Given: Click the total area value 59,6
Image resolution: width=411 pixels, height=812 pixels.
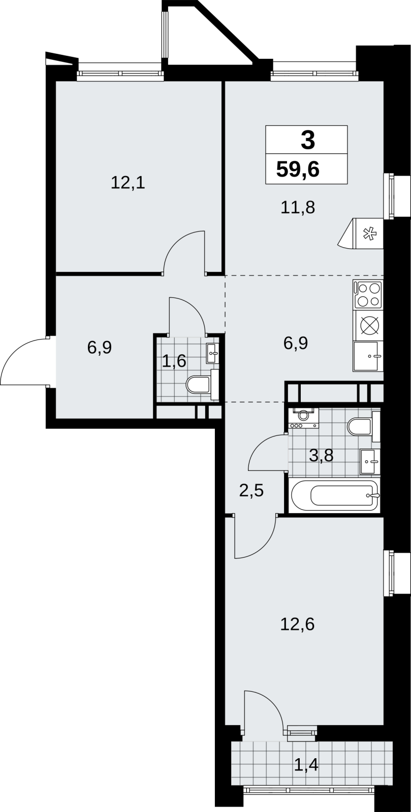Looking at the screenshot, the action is [x=298, y=170].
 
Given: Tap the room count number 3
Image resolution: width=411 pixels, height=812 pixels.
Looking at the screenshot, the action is [x=308, y=141].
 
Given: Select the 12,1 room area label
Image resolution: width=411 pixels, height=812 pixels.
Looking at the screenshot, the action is [x=128, y=183].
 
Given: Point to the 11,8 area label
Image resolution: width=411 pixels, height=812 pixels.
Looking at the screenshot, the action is [x=298, y=208].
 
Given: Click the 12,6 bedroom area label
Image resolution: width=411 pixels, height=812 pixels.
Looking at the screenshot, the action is [x=298, y=624].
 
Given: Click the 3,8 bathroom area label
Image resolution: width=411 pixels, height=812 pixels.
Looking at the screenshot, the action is [x=321, y=455].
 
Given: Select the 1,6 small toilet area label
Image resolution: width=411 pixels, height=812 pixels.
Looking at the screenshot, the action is [x=174, y=361].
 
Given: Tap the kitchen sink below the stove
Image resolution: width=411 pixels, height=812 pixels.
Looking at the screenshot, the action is [x=368, y=356].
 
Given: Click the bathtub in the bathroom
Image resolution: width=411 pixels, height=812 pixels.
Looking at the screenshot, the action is [x=334, y=495].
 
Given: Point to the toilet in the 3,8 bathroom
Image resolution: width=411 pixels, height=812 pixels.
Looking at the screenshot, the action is [x=363, y=426].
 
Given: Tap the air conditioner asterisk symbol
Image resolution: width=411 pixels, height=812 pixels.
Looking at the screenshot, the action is [x=370, y=234].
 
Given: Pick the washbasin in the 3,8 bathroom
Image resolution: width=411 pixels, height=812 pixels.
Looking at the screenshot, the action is [x=370, y=461].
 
